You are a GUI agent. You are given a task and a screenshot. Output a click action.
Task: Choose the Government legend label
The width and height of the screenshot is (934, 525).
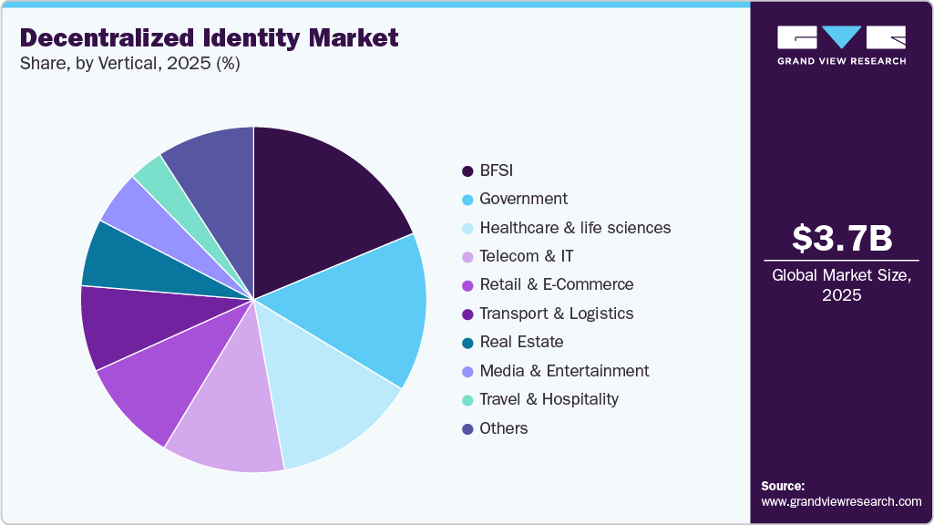coord(523,199)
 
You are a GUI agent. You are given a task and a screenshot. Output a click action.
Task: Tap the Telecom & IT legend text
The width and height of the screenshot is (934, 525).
coord(526,256)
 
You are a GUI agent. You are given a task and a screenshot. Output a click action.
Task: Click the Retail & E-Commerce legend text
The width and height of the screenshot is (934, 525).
coord(556,284)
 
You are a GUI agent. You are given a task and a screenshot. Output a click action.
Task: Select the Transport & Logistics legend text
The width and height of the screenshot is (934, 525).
coord(556,314)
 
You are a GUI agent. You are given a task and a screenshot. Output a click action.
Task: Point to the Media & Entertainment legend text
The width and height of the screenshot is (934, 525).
coord(564,371)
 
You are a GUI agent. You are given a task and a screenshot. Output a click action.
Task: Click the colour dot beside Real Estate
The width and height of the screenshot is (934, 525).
coord(467,343)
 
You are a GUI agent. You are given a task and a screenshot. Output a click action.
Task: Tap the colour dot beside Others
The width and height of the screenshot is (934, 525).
coord(467,429)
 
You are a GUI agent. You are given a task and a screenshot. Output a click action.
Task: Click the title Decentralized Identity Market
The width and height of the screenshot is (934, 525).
coord(209,38)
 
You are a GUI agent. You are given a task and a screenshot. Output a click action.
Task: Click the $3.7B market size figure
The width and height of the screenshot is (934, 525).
coord(841,239)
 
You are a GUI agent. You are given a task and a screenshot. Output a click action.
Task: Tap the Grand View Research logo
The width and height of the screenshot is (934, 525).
coord(841,44)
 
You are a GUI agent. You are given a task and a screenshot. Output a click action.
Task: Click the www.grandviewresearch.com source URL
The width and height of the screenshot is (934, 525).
coord(841,501)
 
